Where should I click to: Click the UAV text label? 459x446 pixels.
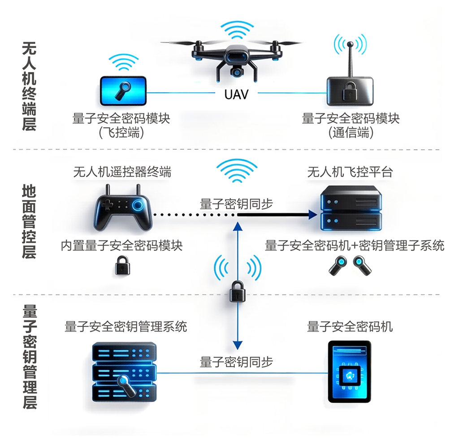click(x=236, y=95)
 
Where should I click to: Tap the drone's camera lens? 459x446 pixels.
click(x=236, y=72)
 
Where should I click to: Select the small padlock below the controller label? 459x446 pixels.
click(x=122, y=265)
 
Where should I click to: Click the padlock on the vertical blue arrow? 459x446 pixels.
click(x=237, y=292)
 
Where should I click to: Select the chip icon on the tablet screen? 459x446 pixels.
click(x=349, y=376)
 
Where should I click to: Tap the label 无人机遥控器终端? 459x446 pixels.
click(x=122, y=172)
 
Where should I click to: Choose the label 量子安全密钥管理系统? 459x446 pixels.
click(x=126, y=326)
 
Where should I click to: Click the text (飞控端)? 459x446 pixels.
click(x=121, y=133)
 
